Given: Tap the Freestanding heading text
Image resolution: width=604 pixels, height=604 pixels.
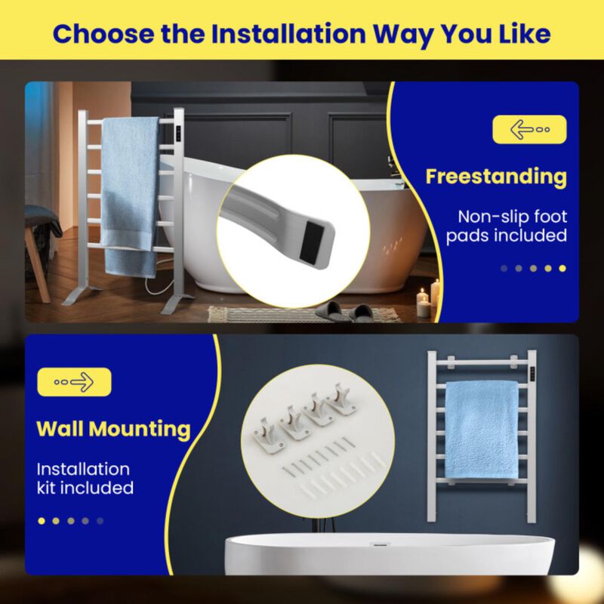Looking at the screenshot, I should (x=496, y=177).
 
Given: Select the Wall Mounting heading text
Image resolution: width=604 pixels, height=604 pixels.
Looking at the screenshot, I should (x=113, y=429).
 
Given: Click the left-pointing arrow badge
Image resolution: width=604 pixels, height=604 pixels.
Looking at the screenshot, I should (x=528, y=129).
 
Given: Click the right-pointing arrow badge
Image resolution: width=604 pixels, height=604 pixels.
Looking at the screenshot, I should (x=73, y=382).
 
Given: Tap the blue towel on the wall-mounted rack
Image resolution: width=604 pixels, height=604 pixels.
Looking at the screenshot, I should (x=481, y=428).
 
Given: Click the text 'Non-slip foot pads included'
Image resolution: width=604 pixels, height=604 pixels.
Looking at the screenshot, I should (x=506, y=226).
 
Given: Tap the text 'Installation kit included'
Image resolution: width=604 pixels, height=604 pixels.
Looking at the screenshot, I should (x=85, y=479).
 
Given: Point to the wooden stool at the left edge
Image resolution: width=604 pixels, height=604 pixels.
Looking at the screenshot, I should (x=38, y=249).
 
